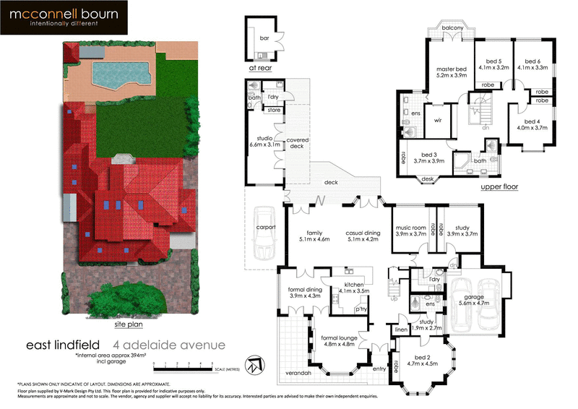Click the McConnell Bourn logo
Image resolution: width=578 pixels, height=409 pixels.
pyautogui.click(x=64, y=17)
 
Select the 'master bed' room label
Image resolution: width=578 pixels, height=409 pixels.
pyautogui.click(x=452, y=70)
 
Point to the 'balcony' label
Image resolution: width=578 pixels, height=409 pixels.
pyautogui.click(x=452, y=27)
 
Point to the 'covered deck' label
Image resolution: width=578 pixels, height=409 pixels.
pyautogui.click(x=298, y=144)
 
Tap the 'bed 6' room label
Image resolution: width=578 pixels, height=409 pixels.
pyautogui.click(x=532, y=61)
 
